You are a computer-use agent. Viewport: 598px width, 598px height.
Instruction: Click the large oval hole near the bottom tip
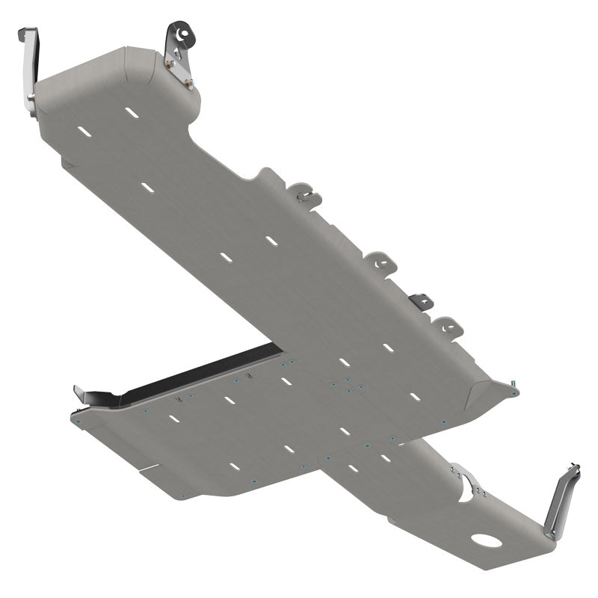pyautogui.click(x=487, y=540)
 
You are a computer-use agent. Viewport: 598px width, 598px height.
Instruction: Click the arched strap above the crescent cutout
pyautogui.click(x=468, y=478)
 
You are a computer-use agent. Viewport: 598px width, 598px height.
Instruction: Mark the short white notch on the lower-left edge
pyautogui.click(x=149, y=469)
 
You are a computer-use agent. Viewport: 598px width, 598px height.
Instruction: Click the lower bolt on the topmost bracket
pyautogui.click(x=189, y=84)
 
